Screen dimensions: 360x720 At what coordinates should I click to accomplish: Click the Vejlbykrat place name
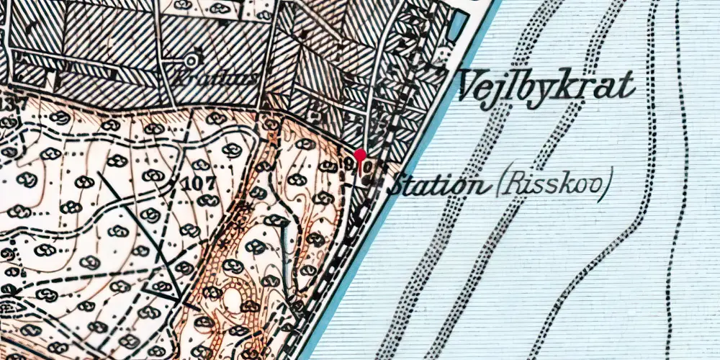546,87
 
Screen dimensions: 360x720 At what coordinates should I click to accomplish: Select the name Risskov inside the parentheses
553,186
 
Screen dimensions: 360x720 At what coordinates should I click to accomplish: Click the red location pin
360,156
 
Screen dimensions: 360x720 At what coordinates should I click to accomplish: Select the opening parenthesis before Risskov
500,186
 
